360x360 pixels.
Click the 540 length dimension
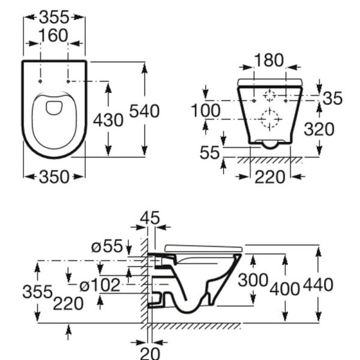pos(145,111)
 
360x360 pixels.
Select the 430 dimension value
pos(108,120)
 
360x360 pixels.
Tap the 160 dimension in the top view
pos(53,35)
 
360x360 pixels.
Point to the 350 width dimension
pos(54,176)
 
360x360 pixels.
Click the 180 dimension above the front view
pos(269,60)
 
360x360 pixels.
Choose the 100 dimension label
pos(206,110)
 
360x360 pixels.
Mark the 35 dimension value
pos(332,98)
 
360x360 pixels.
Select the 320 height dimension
pos(319,129)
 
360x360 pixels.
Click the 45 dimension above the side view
pos(149,218)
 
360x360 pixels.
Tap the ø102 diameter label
pos(100,285)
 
